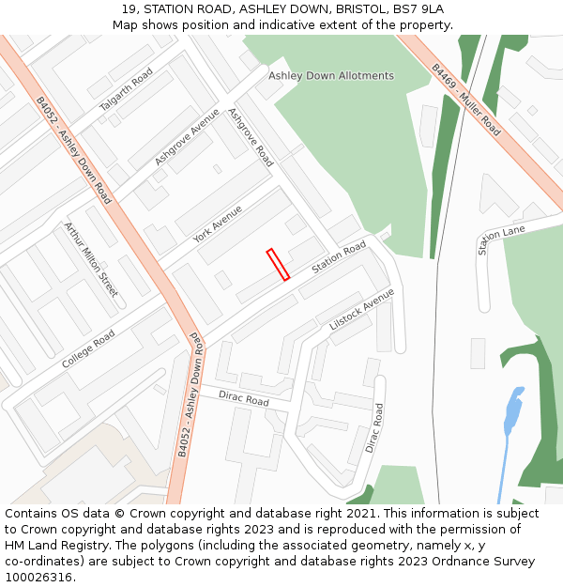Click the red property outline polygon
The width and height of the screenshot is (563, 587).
(278, 264)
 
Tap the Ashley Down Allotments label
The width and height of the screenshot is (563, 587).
(331, 75)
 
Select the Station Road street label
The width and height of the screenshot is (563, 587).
(339, 257)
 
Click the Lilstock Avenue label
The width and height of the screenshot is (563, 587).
(362, 309)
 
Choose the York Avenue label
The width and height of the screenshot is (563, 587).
(218, 224)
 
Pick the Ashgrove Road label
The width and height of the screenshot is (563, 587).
(251, 137)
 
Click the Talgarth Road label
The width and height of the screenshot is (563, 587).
(126, 90)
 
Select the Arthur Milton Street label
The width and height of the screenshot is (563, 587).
(91, 260)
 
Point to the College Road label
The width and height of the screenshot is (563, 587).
(88, 348)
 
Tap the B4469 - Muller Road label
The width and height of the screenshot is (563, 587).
(466, 100)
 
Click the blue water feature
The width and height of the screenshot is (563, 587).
(512, 411)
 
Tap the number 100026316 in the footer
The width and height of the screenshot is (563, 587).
(38, 578)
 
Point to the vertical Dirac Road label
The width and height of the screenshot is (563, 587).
(374, 428)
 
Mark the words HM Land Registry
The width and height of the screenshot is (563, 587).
(52, 546)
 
